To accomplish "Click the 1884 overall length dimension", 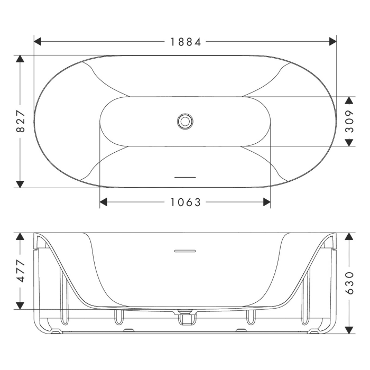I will [x=186, y=42].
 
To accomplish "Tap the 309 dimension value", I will [x=349, y=121].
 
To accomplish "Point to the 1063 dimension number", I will [x=186, y=202].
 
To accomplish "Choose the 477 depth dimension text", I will [x=20, y=271].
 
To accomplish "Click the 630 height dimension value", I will [x=349, y=283].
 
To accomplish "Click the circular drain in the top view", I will [x=185, y=121].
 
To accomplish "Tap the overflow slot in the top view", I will [x=185, y=177].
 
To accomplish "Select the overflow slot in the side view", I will [x=185, y=251].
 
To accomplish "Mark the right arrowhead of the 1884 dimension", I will [x=332, y=42].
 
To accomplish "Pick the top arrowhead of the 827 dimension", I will [x=20, y=59].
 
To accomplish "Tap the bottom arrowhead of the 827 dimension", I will [x=20, y=183].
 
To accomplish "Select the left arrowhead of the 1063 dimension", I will [x=104, y=202].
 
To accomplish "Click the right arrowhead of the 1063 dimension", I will [x=266, y=202].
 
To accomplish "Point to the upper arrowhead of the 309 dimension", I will [x=349, y=100].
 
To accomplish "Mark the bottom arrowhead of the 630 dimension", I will [x=349, y=329].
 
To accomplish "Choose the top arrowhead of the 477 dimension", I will [x=20, y=236].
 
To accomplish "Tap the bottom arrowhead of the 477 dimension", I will [x=20, y=305].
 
